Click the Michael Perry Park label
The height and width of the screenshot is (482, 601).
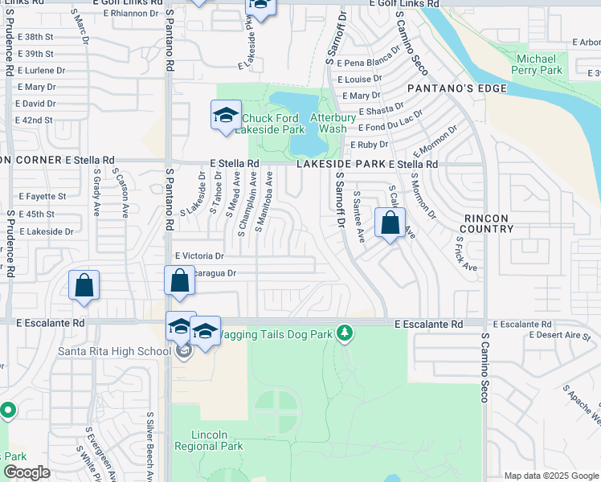pos(538,65)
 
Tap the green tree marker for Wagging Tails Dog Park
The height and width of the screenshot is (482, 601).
pos(344,332)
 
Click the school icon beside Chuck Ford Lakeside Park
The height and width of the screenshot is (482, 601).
pos(226,116)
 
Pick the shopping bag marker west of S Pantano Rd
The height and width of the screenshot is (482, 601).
pos(84,286)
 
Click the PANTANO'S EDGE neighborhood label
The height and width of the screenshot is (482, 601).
pos(456,88)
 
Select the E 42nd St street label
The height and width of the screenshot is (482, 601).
pos(34,120)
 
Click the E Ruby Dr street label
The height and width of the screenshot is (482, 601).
pos(369,145)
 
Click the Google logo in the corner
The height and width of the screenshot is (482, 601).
pos(27,472)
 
